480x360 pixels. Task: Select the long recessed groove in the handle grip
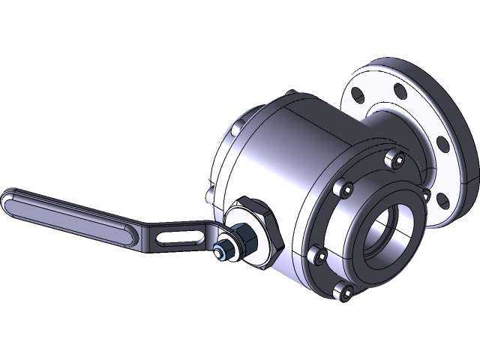click(x=67, y=214)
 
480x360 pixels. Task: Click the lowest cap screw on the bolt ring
click(x=346, y=290)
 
